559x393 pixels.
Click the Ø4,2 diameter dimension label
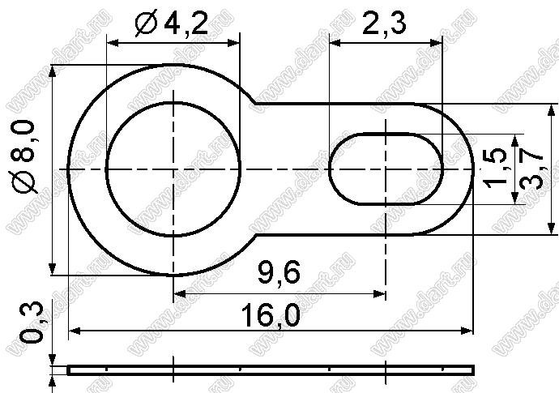(171, 23)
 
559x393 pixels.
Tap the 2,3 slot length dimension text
(384, 23)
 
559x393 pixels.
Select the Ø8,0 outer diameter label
(23, 156)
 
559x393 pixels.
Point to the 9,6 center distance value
(279, 272)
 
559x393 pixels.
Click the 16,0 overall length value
(271, 315)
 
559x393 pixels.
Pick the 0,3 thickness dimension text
(32, 323)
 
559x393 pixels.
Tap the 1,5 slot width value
(495, 166)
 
